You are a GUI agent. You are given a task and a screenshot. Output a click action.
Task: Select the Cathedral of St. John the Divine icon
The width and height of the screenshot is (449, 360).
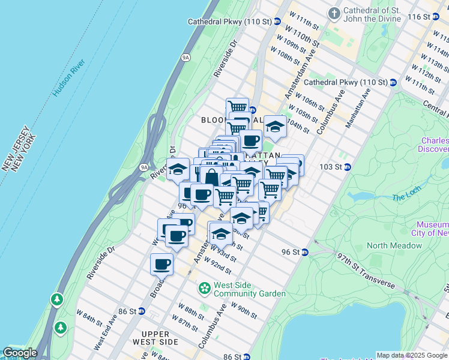point(334,13)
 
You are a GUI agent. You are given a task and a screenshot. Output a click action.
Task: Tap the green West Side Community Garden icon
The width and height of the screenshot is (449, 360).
point(205,289)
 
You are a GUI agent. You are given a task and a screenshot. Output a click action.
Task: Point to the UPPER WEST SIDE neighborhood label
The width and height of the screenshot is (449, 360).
point(160,337)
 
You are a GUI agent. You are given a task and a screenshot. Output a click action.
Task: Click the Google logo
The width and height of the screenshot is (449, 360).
point(20,353)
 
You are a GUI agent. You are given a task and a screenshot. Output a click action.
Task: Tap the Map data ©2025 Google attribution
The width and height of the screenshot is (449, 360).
point(411,355)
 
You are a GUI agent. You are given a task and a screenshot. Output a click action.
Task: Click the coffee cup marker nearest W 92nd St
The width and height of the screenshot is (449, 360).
point(162,263)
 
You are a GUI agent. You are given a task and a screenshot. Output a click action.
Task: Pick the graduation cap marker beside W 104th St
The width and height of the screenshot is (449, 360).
point(275,127)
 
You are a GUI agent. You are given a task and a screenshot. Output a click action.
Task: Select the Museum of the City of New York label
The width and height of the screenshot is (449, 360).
point(429,228)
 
